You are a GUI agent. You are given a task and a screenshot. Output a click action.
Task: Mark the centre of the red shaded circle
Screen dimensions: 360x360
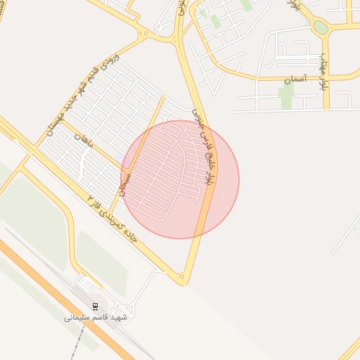point(180,180)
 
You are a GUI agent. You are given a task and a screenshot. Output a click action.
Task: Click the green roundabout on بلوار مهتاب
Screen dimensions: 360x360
point(321,27)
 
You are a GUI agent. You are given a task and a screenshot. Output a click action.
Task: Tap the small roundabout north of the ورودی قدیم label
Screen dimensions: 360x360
point(146,33)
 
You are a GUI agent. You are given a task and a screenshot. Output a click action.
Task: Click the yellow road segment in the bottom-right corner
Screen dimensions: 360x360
point(350,349)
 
